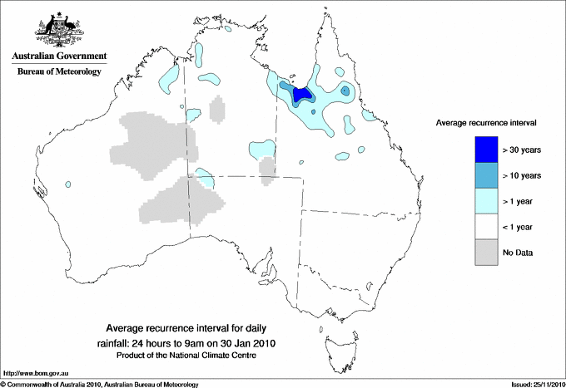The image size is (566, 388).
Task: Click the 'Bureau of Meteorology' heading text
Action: click(59, 71)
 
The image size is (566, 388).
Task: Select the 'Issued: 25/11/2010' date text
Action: click(532, 384)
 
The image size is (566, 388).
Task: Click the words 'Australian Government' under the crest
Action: click(59, 56)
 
